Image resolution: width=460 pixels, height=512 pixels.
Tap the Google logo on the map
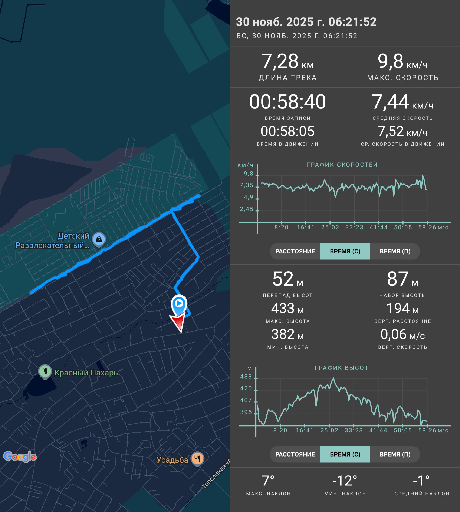point(20,457)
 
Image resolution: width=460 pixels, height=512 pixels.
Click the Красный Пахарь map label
point(86,373)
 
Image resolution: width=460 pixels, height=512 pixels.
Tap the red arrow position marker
point(178,322)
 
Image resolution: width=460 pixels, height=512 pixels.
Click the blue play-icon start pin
point(179,305)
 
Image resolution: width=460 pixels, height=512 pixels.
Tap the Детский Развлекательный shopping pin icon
point(99,239)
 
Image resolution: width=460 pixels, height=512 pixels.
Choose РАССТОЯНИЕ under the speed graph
point(295,251)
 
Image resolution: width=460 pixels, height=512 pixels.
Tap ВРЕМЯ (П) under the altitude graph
point(395,454)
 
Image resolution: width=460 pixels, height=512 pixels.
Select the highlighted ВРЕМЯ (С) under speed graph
point(345,251)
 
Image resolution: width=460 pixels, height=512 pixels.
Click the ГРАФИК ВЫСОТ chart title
point(341,368)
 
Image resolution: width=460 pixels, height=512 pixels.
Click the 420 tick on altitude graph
point(246,388)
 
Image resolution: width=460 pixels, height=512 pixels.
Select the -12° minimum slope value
point(345,481)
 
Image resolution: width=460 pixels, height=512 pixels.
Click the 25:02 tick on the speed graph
point(330,227)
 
